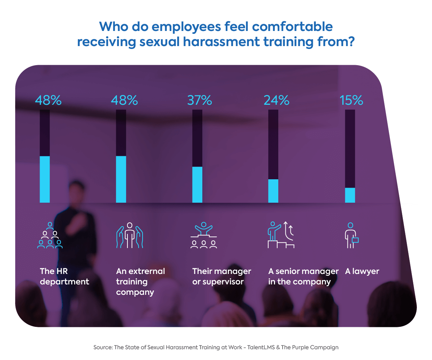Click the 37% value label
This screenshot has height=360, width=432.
coord(199,100)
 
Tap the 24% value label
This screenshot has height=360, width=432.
coord(276,100)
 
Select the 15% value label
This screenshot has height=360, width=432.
coord(351,100)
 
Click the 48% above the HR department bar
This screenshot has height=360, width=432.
coord(48,100)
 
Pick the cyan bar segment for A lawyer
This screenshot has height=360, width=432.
coord(350,195)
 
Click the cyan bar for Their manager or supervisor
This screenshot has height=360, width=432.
coord(197,185)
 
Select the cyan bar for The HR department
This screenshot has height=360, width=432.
coord(45,179)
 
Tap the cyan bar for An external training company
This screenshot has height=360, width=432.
coord(121,179)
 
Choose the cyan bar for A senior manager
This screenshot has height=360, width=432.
coord(274,191)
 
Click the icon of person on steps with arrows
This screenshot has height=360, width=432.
coord(281,235)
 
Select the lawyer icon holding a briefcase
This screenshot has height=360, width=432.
coord(351,236)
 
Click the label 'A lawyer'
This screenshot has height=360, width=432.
coord(362,271)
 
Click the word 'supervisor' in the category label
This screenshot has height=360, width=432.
coord(223,282)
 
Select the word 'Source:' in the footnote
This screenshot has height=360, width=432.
coord(103,347)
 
